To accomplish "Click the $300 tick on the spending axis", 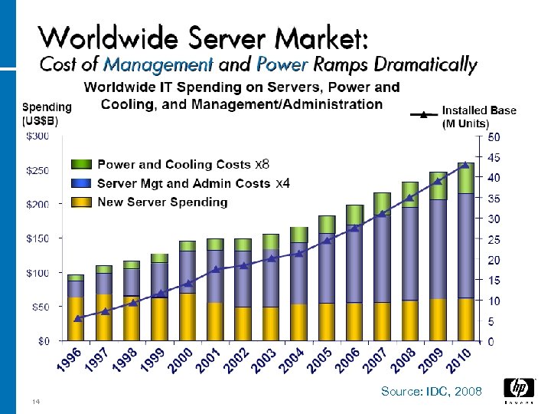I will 38,136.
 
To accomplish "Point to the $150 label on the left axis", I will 38,238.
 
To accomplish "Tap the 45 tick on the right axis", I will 495,157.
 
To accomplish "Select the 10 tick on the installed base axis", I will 495,301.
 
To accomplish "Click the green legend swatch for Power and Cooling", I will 82,164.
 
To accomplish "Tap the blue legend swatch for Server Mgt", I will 82,183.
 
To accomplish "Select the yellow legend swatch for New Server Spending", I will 82,202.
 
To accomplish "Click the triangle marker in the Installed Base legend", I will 423,116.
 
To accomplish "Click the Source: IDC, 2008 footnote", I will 432,392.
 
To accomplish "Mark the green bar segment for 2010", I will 465,178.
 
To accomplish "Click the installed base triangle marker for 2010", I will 465,165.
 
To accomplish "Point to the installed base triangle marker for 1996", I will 77,318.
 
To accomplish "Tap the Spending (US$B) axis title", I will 47,114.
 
